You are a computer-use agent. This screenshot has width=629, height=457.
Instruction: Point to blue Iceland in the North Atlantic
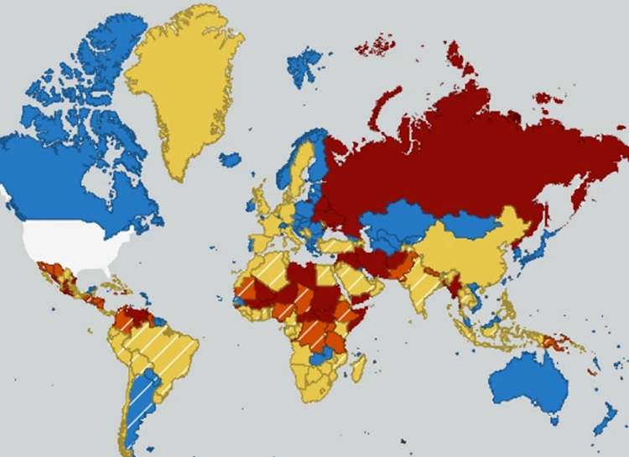pos(230,158)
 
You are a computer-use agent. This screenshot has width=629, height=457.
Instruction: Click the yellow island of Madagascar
pos(358,369)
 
